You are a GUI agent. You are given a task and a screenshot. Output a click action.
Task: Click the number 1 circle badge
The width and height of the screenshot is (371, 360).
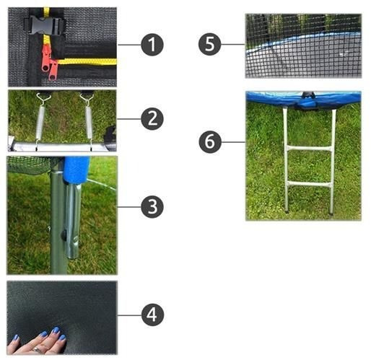(152, 45)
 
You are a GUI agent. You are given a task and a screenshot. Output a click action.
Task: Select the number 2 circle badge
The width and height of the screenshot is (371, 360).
(152, 119)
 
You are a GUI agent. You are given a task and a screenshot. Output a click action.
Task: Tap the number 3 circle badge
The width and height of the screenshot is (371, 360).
(152, 207)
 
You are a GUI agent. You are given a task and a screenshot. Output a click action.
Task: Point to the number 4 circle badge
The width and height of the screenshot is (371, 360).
(152, 315)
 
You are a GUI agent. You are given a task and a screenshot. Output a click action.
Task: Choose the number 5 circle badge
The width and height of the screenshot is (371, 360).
(209, 44)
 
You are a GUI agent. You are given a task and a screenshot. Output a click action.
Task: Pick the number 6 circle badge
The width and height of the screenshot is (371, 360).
(210, 142)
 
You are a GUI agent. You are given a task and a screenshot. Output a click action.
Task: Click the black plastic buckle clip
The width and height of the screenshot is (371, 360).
(45, 25)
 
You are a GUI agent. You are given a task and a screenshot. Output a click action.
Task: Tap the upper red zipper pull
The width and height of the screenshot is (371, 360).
(46, 58)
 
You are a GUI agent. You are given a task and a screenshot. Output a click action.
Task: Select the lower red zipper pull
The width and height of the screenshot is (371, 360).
(53, 70)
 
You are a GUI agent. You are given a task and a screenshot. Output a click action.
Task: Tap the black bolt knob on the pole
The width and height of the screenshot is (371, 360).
(64, 234)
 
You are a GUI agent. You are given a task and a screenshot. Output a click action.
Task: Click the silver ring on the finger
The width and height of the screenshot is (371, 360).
(37, 350)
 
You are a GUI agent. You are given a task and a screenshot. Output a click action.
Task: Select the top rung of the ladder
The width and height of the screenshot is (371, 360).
(309, 149)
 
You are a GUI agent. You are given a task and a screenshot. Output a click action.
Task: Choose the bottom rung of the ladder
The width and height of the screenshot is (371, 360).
(308, 185)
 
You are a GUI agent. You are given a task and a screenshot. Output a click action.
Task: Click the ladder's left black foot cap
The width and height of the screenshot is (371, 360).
(287, 212)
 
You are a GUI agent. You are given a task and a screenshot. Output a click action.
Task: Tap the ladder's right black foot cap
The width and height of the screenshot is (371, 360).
(331, 213)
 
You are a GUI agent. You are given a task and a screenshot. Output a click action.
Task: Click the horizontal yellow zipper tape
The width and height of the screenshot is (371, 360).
(87, 61)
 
